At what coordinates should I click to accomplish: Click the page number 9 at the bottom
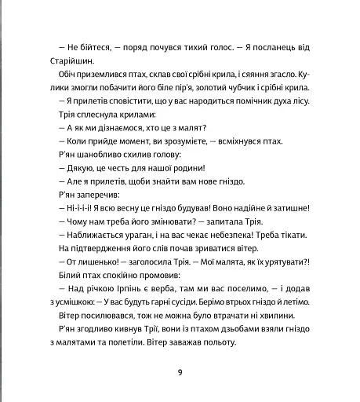[x=180, y=372]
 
